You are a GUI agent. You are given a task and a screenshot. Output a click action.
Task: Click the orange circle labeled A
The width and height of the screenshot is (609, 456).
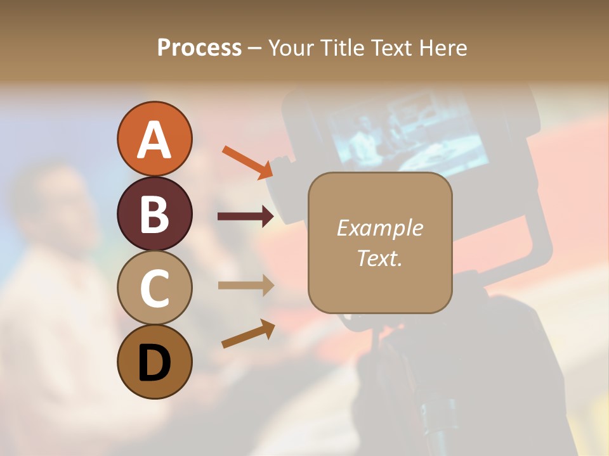click(154, 139)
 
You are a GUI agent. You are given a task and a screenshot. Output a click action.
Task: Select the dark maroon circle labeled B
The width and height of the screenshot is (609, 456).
click(154, 213)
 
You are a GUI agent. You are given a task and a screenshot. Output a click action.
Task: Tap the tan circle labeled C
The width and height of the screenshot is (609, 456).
click(154, 288)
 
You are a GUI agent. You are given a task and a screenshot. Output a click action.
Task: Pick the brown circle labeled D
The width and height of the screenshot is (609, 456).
click(154, 362)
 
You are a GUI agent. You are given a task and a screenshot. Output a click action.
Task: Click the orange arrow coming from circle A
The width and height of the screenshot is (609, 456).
click(248, 161)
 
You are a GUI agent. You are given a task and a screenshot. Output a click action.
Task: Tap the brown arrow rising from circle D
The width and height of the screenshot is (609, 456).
click(248, 334)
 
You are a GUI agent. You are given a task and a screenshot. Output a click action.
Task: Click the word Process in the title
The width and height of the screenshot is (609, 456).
click(199, 48)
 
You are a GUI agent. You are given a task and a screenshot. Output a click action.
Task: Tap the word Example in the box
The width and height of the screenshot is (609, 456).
click(379, 228)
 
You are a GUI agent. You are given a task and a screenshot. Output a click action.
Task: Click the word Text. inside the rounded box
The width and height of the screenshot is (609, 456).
click(379, 258)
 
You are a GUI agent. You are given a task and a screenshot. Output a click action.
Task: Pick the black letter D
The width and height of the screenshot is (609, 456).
click(154, 363)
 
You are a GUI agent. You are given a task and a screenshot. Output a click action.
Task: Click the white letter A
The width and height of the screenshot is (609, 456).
click(154, 140)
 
